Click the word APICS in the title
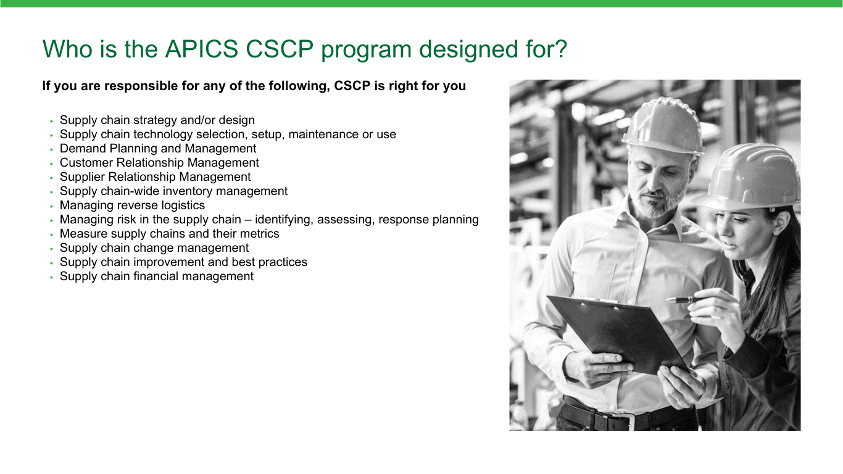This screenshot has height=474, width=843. point(202,49)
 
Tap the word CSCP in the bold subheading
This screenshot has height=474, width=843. point(352,86)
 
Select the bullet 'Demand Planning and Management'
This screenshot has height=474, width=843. point(158,148)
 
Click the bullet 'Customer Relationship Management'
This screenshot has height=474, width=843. point(159,163)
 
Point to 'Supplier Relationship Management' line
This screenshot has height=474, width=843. point(155,177)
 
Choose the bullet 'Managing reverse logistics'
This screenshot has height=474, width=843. point(133,205)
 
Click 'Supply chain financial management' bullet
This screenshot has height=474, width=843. point(157,276)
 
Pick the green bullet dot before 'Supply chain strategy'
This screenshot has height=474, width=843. point(52,121)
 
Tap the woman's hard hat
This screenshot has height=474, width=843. point(749,177)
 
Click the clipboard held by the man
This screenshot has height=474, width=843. point(618,333)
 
